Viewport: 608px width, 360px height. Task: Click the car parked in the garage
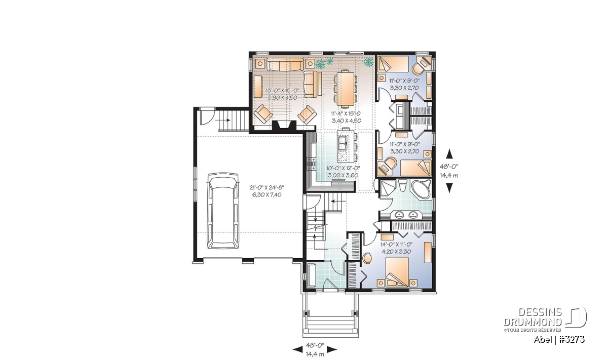click(223, 210)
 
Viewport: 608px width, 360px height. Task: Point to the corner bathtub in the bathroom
click(421, 189)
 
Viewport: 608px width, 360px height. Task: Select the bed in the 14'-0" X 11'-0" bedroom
click(397, 271)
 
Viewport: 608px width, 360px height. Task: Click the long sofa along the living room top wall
click(285, 64)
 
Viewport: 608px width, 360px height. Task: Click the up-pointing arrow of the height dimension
click(450, 153)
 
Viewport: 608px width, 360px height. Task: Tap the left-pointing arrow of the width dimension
click(298, 350)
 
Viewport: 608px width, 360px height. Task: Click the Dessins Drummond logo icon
click(576, 317)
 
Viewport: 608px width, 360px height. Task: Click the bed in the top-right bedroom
click(394, 65)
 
